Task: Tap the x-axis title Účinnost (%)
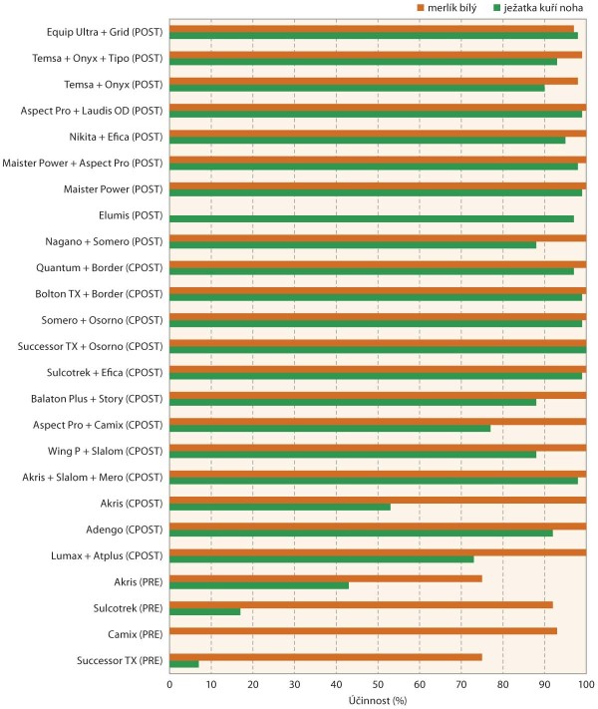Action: point(377,700)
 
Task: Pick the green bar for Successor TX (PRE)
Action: point(184,664)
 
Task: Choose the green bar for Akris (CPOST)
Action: point(280,507)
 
